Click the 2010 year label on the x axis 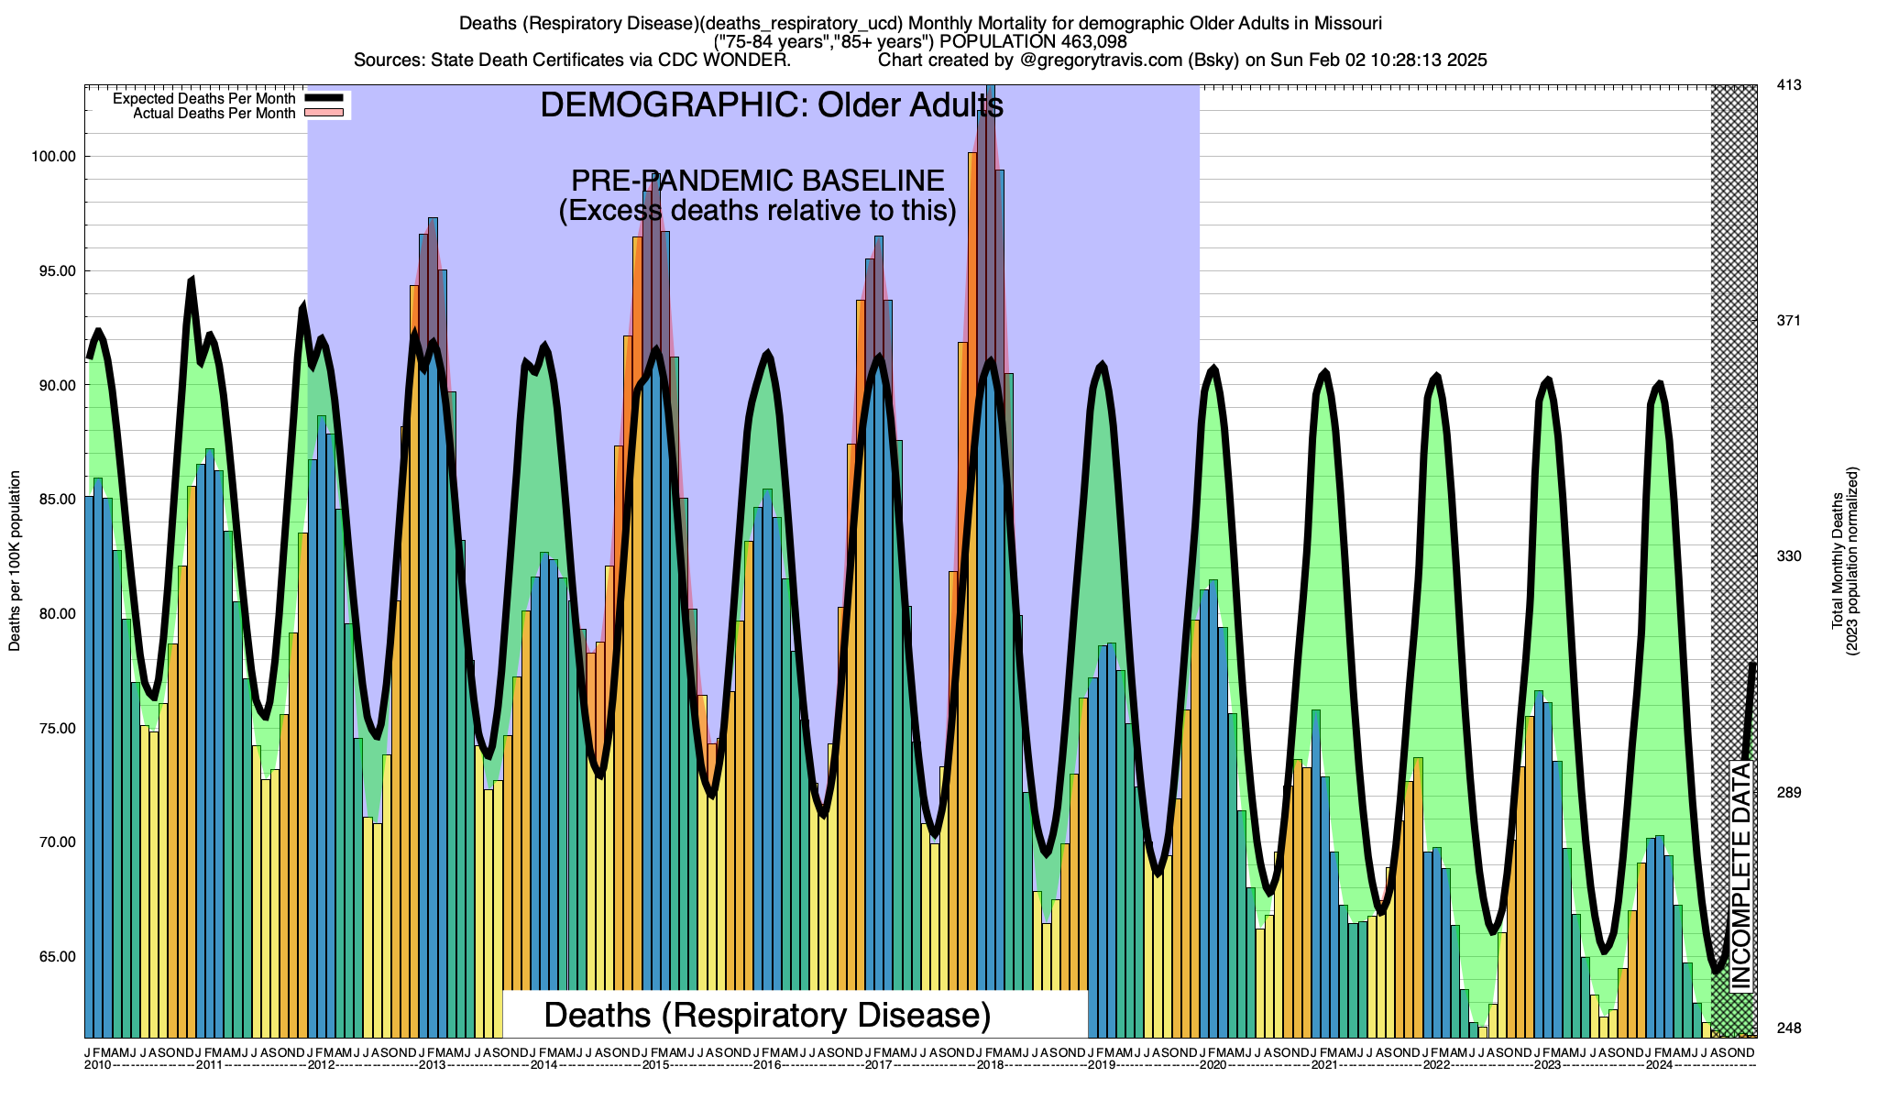(97, 1065)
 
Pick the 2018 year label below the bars (989, 1065)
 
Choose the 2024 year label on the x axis (1659, 1065)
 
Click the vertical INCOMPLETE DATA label (1740, 875)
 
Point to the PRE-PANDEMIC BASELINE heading (757, 181)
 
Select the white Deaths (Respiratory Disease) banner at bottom (768, 1015)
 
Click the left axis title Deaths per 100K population (15, 561)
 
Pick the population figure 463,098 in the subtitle (1091, 41)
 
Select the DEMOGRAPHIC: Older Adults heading (771, 105)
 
